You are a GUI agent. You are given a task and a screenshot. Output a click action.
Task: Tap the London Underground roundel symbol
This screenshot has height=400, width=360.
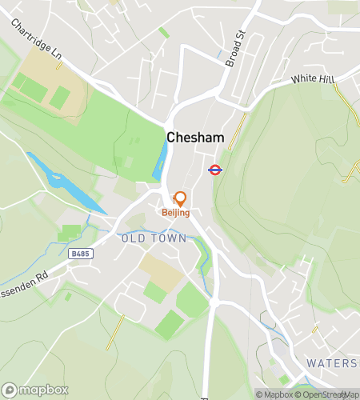[214, 170]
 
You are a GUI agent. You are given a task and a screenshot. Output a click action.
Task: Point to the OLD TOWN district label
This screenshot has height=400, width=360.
[154, 238]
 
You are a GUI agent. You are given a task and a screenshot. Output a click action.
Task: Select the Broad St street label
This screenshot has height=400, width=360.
[234, 48]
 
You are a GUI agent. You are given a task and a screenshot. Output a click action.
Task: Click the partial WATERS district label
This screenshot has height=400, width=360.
[333, 362]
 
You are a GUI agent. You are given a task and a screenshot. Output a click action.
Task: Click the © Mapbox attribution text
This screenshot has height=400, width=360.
[274, 394]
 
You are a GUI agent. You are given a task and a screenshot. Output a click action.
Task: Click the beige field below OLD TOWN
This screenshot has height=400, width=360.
[162, 271]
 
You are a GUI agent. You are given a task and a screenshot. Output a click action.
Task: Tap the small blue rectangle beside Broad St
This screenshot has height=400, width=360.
[220, 55]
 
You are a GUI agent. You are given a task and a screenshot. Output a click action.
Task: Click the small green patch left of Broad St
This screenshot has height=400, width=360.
[163, 32]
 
